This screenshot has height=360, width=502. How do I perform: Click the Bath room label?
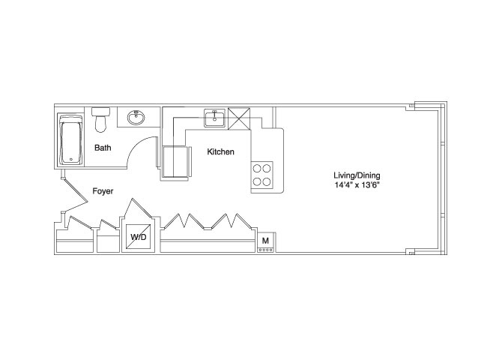click(103, 148)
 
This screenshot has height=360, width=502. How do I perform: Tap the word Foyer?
click(103, 191)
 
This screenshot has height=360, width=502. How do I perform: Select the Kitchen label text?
click(220, 151)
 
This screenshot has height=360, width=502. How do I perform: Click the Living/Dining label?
click(357, 175)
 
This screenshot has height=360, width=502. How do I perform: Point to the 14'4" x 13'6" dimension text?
click(357, 185)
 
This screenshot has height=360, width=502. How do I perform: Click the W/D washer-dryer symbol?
click(139, 237)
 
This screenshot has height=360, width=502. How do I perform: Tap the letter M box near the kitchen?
click(265, 241)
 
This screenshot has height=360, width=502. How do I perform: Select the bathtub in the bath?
click(70, 139)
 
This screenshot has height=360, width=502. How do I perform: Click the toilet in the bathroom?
click(101, 119)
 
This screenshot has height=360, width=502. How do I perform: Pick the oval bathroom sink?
click(136, 117)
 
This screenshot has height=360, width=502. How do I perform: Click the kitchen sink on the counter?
click(215, 118)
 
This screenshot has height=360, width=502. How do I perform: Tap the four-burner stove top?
click(262, 175)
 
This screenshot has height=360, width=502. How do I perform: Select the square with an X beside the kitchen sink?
click(239, 119)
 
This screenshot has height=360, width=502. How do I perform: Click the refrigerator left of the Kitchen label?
click(175, 162)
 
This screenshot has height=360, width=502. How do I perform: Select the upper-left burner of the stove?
click(257, 168)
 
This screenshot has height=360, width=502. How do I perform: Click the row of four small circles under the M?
click(266, 250)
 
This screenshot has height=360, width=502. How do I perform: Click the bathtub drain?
click(71, 159)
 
